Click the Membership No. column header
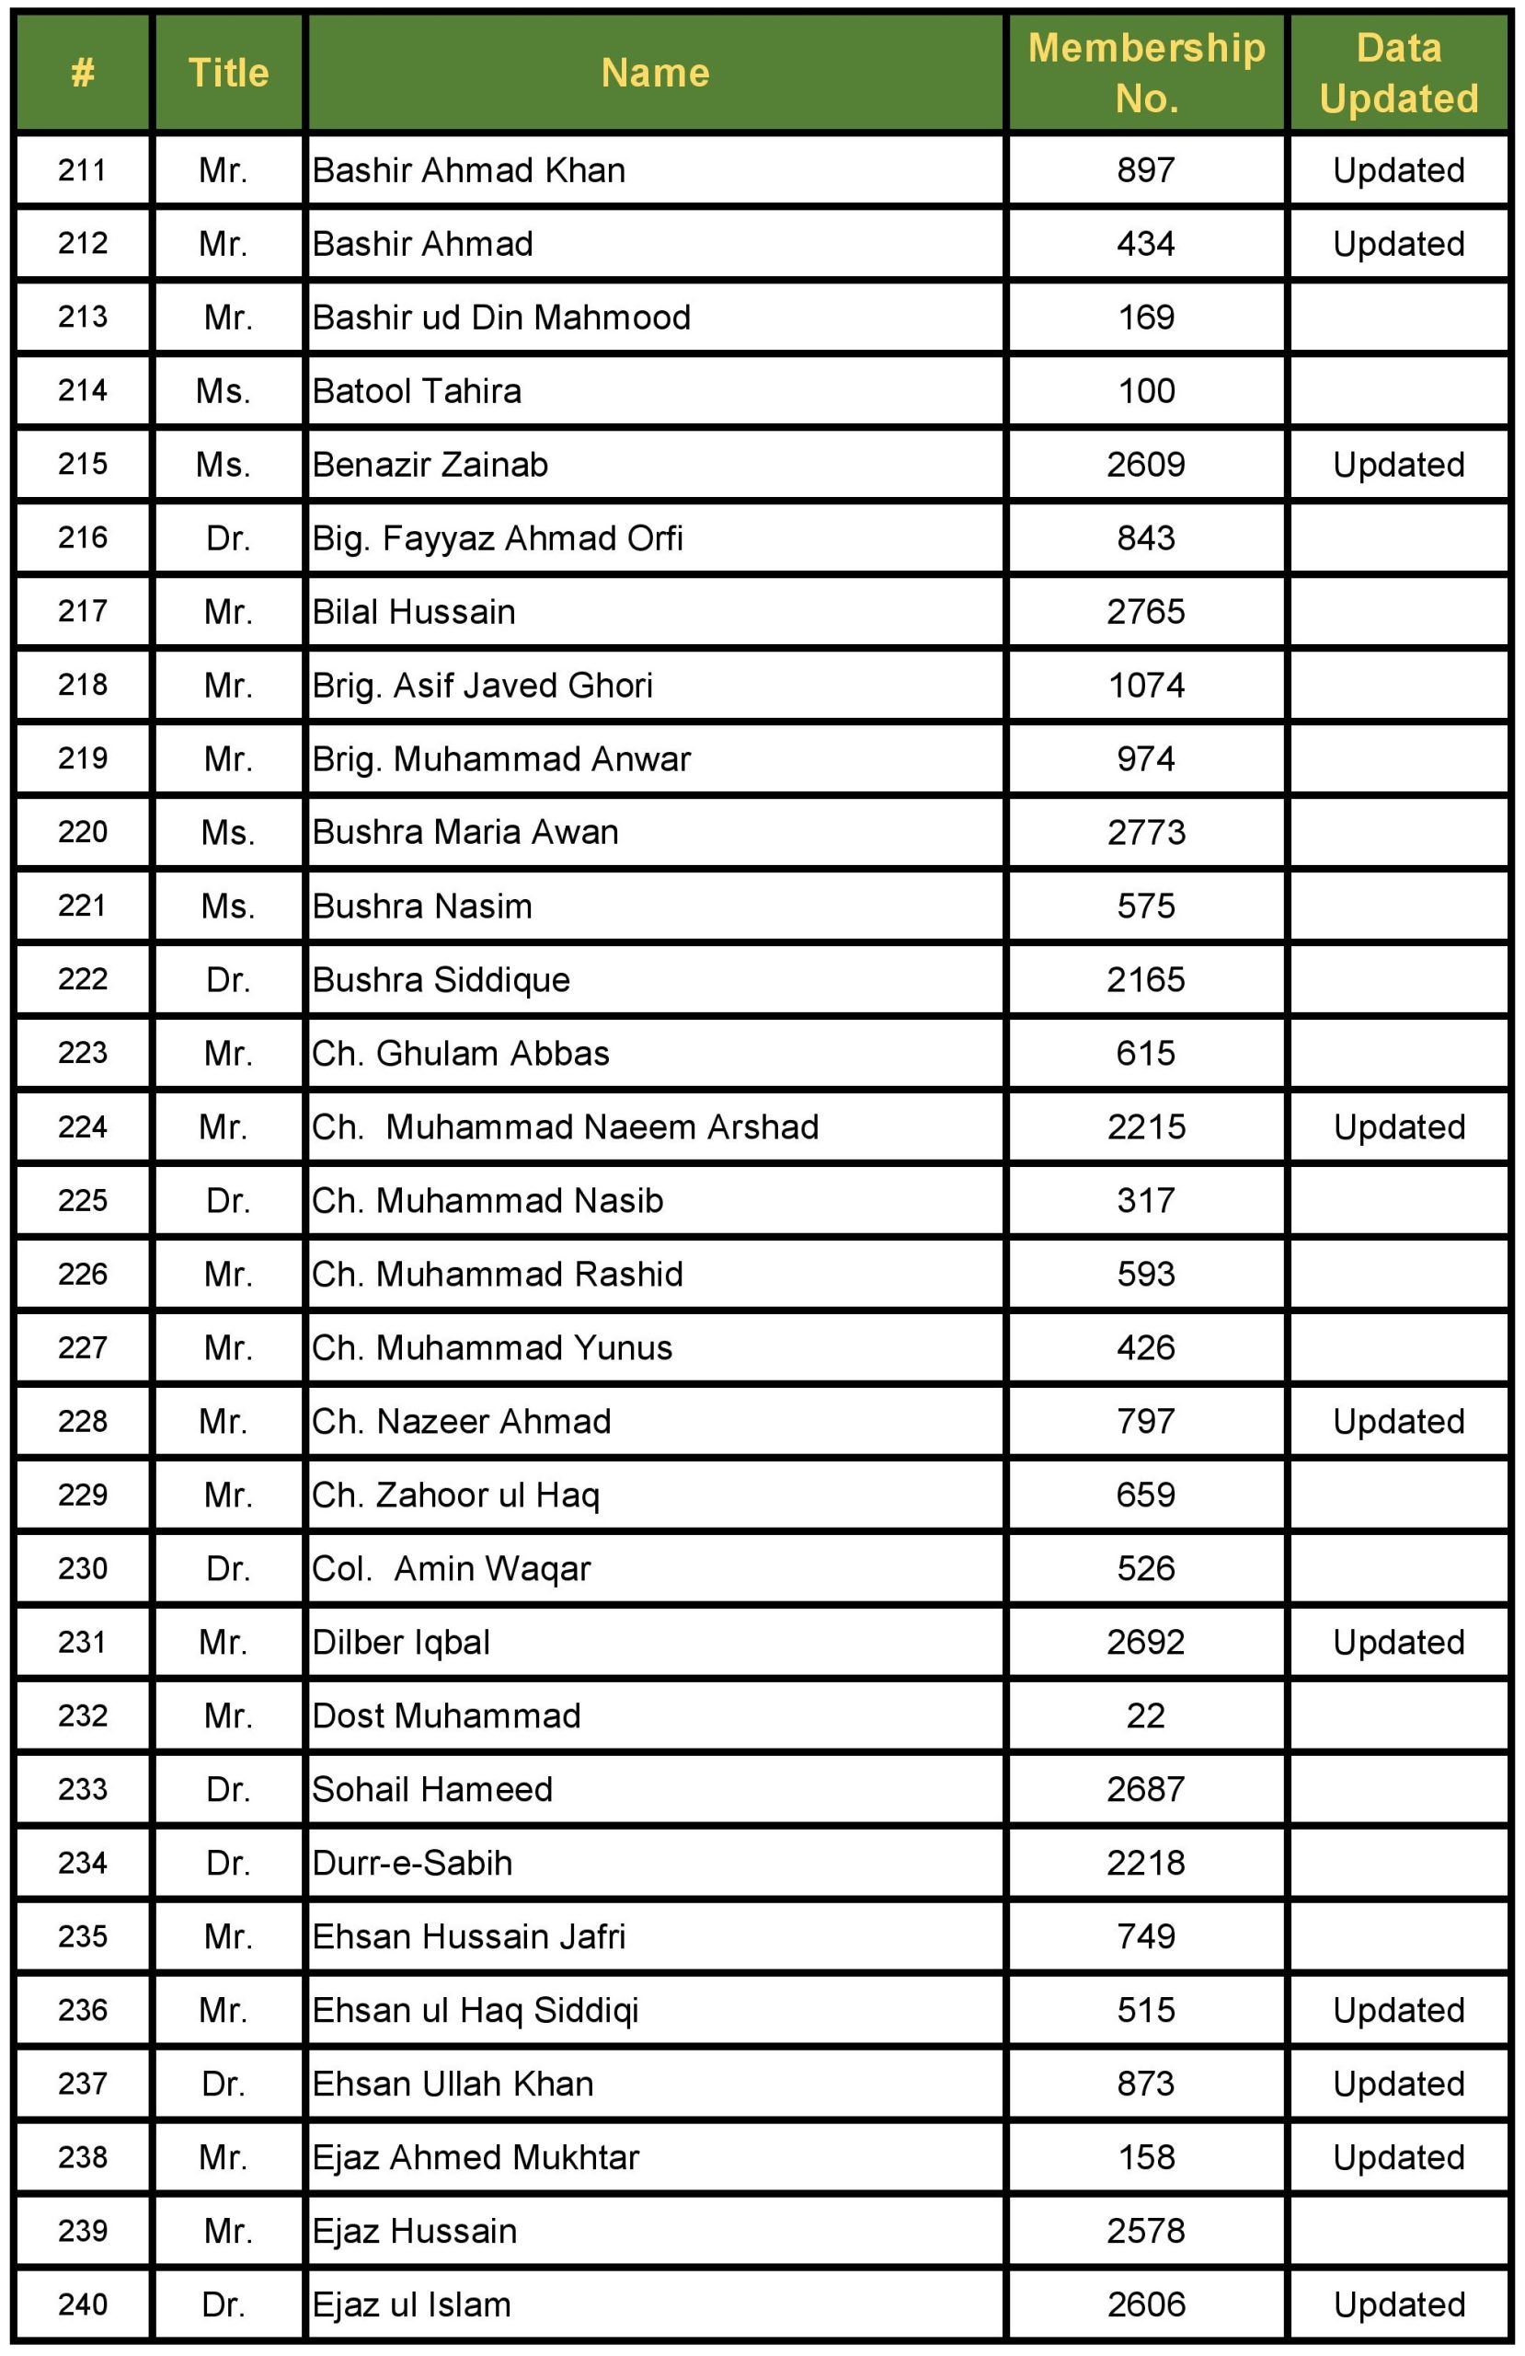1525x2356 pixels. pos(1146,74)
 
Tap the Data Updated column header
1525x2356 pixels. pos(1398,74)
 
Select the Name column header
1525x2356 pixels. pos(655,74)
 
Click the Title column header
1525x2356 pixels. pos(229,74)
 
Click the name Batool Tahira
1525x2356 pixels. pos(417,391)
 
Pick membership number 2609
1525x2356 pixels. pos(1146,464)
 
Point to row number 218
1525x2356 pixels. pos(83,685)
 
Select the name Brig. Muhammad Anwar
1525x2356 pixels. pos(500,758)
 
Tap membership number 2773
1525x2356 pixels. pos(1146,832)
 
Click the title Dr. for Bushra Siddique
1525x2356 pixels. pos(229,979)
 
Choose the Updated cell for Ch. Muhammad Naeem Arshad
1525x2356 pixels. pos(1398,1126)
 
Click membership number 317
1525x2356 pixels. pos(1146,1200)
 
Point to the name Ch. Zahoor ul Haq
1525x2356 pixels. pos(455,1495)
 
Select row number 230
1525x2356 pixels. pos(83,1568)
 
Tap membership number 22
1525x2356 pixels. pos(1146,1715)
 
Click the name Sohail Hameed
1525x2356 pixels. pos(432,1789)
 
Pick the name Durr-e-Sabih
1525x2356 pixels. pos(413,1862)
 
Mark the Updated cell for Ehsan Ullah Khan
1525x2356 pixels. pos(1398,2083)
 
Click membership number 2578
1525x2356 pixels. pos(1146,2230)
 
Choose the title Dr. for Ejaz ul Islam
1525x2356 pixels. pos(224,2304)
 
